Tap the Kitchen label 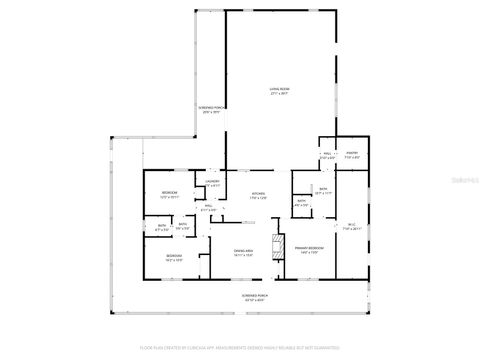click(x=257, y=194)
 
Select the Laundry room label click(x=212, y=181)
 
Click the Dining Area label click(x=243, y=250)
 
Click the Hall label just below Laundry click(x=207, y=207)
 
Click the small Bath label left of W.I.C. click(x=303, y=202)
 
